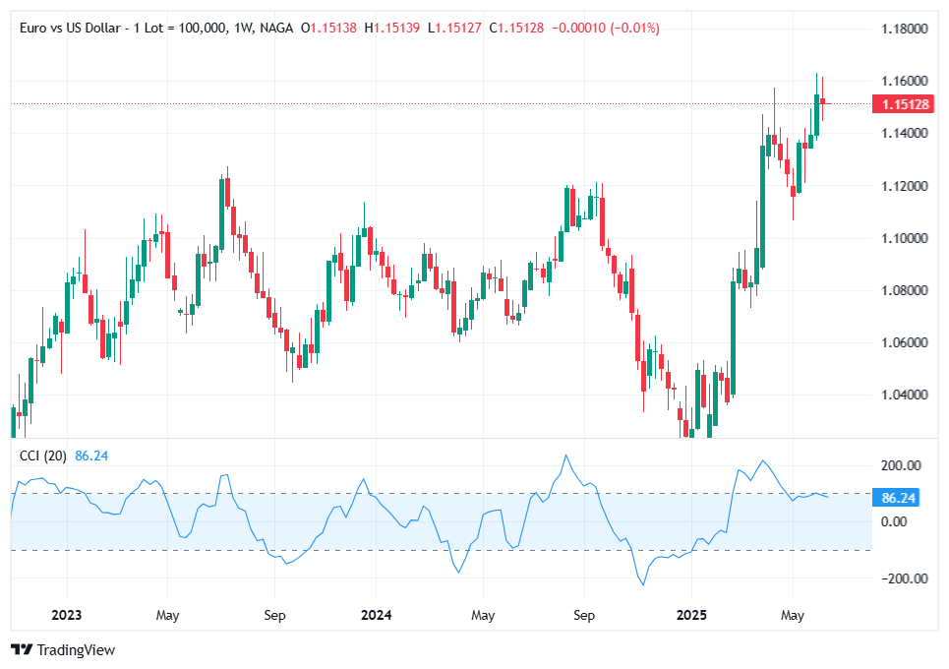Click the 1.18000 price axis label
pyautogui.click(x=903, y=29)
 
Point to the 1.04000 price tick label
pyautogui.click(x=903, y=395)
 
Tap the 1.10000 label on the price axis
pyautogui.click(x=903, y=238)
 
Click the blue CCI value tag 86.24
pyautogui.click(x=899, y=498)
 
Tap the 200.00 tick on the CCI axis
pyautogui.click(x=900, y=465)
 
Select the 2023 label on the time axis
pyautogui.click(x=66, y=616)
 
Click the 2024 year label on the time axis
pyautogui.click(x=376, y=616)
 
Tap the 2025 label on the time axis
pyautogui.click(x=690, y=616)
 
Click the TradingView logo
pyautogui.click(x=63, y=649)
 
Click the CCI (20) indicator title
pyautogui.click(x=43, y=456)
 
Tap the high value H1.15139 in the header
pyautogui.click(x=392, y=29)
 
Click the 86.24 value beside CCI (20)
pyautogui.click(x=90, y=456)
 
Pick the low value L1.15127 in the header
pyautogui.click(x=454, y=29)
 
